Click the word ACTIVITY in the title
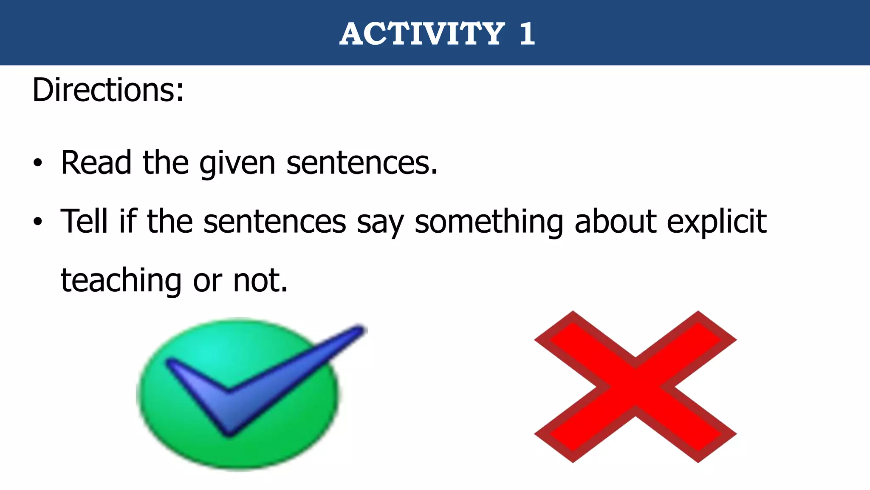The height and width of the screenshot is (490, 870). (x=422, y=34)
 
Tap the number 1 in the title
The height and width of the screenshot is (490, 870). (x=527, y=34)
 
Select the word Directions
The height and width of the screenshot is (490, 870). (x=108, y=90)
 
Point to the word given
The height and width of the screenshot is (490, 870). (x=237, y=164)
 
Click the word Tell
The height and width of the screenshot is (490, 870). (x=84, y=221)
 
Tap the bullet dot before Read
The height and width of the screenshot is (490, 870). (x=38, y=163)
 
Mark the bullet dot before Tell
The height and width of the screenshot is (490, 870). (x=38, y=222)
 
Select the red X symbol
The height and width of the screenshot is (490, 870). (x=635, y=387)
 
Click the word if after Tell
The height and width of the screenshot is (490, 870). (x=127, y=221)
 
